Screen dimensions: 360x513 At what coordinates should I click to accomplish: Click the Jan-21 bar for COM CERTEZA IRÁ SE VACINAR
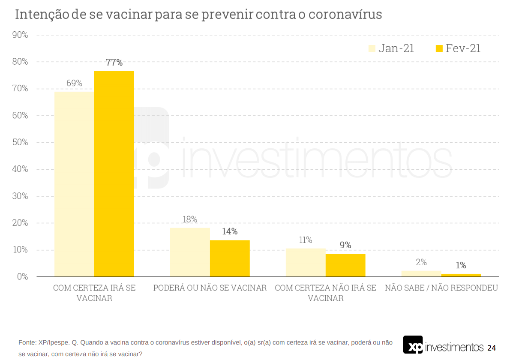74,184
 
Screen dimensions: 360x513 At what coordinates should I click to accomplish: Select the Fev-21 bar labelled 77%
114,174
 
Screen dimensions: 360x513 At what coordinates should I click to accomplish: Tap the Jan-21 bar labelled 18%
190,252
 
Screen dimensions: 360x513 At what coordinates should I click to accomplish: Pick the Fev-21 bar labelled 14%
230,258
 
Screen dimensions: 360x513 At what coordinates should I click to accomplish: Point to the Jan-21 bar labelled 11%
306,262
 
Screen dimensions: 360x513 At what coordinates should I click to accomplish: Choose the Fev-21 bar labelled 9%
345,265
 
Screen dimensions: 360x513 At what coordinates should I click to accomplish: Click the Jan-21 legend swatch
372,48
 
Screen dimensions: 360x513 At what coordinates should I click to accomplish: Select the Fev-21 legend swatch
439,48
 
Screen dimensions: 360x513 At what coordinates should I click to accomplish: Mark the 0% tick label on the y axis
22,277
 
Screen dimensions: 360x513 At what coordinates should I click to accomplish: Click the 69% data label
74,84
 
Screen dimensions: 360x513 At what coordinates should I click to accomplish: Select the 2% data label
421,262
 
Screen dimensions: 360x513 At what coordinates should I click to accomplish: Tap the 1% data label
461,266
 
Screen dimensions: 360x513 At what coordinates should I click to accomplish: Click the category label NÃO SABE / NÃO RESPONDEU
441,288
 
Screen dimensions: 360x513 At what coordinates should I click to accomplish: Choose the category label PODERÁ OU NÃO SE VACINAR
210,288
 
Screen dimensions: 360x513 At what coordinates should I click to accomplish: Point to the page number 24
492,348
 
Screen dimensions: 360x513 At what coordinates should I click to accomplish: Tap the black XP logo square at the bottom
413,345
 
